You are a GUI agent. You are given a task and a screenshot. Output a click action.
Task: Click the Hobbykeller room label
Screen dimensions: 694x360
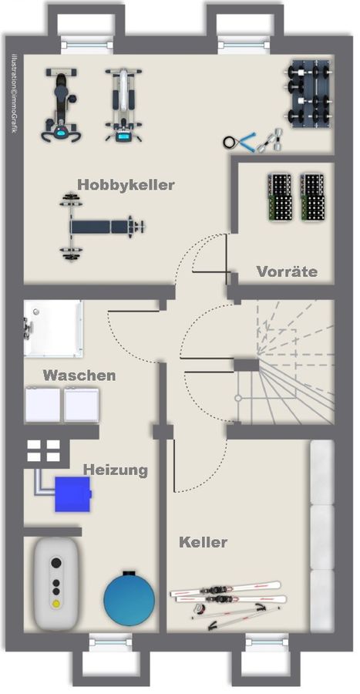[x=126, y=185]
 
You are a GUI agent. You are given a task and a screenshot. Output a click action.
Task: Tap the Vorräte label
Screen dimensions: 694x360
[x=286, y=271]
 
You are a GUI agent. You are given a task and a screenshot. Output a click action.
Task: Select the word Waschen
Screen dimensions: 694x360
[x=79, y=376]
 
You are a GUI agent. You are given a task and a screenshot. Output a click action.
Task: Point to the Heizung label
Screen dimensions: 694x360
[x=116, y=470]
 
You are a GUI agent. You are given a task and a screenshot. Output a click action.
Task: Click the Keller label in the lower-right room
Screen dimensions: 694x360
[x=204, y=542]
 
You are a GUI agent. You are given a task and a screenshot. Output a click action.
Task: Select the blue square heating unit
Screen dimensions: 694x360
[x=72, y=494]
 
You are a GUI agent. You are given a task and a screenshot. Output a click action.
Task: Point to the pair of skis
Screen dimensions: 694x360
[x=227, y=593]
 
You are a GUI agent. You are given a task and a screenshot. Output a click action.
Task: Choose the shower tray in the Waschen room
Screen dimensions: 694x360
[x=53, y=328]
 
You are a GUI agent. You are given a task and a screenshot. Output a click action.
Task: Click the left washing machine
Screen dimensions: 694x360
[x=42, y=404]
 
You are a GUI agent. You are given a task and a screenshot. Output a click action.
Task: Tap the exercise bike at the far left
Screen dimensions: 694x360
[x=59, y=105]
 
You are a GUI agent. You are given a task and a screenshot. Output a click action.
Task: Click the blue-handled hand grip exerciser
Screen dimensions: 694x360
[x=241, y=141]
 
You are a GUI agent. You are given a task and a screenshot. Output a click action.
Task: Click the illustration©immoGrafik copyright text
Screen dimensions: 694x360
[x=14, y=93]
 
